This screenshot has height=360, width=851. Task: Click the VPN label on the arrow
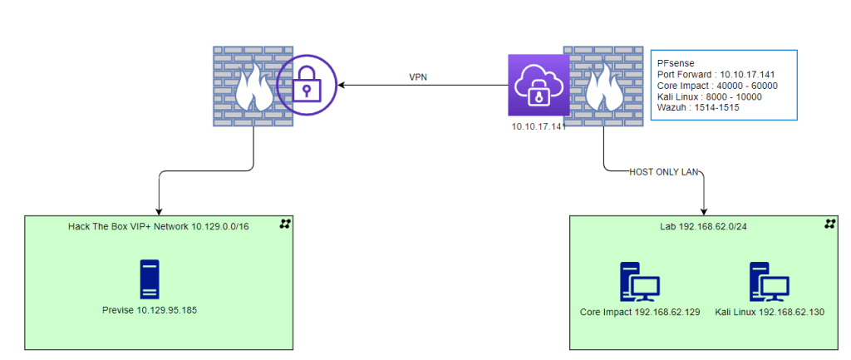tap(418, 77)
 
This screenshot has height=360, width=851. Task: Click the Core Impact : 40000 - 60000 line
tap(716, 85)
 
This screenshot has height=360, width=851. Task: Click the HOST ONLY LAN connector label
tap(666, 172)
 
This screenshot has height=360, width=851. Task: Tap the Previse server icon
tap(149, 279)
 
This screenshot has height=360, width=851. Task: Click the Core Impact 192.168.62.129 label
tap(640, 312)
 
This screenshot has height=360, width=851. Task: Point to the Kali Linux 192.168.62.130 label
tap(770, 312)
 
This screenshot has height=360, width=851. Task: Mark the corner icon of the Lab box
tap(829, 224)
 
